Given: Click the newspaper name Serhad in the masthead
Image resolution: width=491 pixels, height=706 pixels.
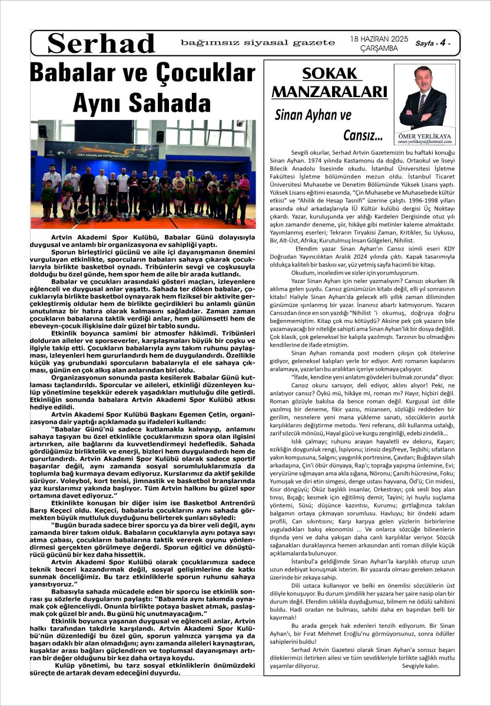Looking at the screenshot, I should click(x=101, y=44).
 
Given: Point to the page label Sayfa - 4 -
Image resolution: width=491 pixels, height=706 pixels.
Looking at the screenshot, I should click(x=437, y=43).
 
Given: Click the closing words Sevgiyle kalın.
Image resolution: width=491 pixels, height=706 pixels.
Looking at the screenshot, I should click(x=421, y=666).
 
